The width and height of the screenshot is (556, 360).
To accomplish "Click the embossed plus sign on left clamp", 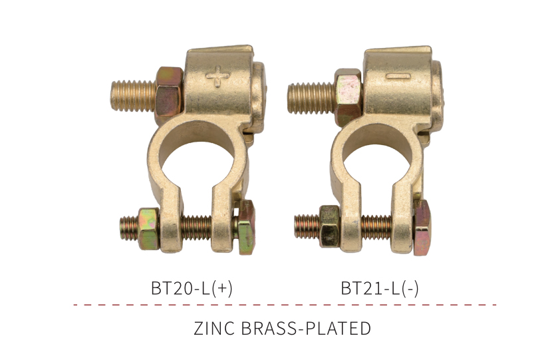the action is pos(217,76).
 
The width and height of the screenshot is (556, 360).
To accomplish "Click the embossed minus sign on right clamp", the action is pos(398,76).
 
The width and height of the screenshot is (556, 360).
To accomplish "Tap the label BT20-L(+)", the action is pos(192,287).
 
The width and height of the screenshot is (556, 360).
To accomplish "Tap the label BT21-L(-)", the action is pos(379,287).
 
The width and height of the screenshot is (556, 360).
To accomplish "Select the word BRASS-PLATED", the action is pos(306,328).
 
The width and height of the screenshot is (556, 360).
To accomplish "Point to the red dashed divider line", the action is pos(285,304).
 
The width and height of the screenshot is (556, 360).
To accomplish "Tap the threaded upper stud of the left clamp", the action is pos(133,96).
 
